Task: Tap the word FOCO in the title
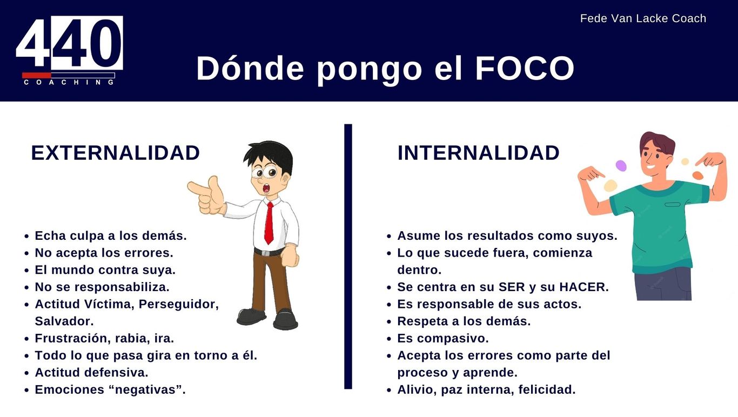pyautogui.click(x=525, y=69)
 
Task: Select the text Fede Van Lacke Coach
pyautogui.click(x=643, y=18)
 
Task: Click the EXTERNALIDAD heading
pyautogui.click(x=115, y=153)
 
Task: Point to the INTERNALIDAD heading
pyautogui.click(x=478, y=153)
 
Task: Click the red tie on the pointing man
pyautogui.click(x=269, y=223)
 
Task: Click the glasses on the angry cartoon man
pyautogui.click(x=265, y=172)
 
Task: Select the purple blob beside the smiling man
pyautogui.click(x=621, y=166)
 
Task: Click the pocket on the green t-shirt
pyautogui.click(x=673, y=205)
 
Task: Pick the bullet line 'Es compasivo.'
pyautogui.click(x=443, y=338)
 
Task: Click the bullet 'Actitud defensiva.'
pyautogui.click(x=92, y=373)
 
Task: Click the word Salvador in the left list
pyautogui.click(x=64, y=321)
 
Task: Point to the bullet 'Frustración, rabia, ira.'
pyautogui.click(x=104, y=338)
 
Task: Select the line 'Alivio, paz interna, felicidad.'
pyautogui.click(x=486, y=389)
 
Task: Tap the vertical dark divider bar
pyautogui.click(x=348, y=256)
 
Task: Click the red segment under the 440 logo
pyautogui.click(x=37, y=76)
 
